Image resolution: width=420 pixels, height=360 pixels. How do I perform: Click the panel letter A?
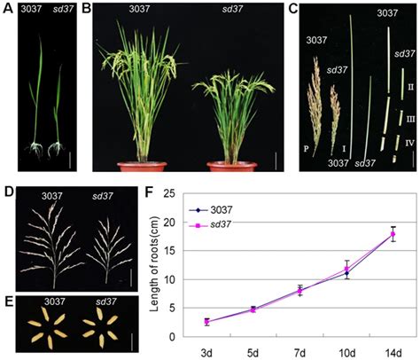(x=6, y=8)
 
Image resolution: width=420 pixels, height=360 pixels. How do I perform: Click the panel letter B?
(x=87, y=8)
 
